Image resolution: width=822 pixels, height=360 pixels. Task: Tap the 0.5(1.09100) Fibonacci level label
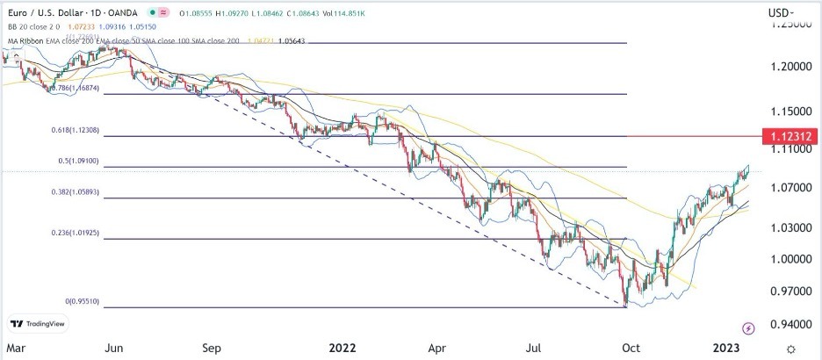77,161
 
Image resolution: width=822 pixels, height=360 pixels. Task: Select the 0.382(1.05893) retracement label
76,191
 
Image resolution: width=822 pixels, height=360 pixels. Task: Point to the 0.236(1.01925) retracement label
76,233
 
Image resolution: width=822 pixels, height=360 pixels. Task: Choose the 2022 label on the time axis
342,347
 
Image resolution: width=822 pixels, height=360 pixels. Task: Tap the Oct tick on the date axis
631,347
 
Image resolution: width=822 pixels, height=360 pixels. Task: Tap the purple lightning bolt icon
748,328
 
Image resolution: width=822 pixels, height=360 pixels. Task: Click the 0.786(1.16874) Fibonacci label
76,88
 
